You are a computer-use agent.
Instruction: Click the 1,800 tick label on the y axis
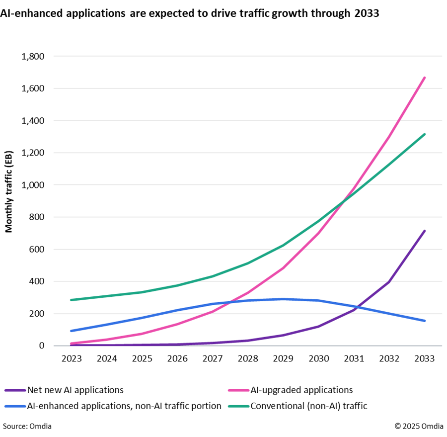tap(33, 57)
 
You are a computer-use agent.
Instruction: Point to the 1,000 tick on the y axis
tap(33, 185)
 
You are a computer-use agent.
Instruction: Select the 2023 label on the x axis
tap(71, 359)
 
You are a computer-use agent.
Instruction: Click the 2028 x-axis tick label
tap(248, 359)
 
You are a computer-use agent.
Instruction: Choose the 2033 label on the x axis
tap(425, 359)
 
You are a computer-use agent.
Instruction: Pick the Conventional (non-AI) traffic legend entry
tap(308, 406)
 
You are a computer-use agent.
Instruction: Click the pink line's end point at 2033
tap(425, 78)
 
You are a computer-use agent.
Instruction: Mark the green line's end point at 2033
tap(425, 134)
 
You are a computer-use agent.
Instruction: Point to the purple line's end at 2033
tap(425, 231)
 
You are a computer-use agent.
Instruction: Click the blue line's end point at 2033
tap(425, 321)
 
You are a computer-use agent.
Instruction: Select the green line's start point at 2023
tap(71, 300)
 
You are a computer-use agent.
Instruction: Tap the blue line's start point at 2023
tap(71, 331)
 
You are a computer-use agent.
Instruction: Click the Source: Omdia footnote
tap(27, 426)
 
